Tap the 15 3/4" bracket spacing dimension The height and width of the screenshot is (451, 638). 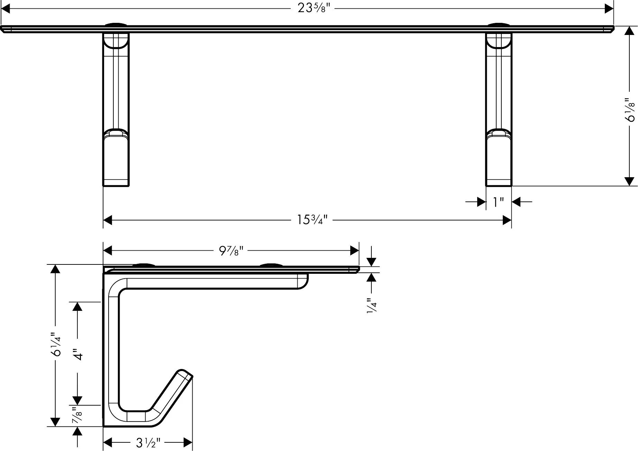[312, 220]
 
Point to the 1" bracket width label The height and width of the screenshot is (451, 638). [498, 202]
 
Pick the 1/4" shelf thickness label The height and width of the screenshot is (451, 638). [372, 306]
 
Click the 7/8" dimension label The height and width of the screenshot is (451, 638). [77, 415]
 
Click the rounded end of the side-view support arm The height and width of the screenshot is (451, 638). [303, 281]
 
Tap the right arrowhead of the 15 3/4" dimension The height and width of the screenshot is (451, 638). [507, 220]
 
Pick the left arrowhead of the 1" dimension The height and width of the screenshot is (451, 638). [481, 202]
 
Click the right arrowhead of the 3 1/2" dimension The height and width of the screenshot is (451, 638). [188, 442]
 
